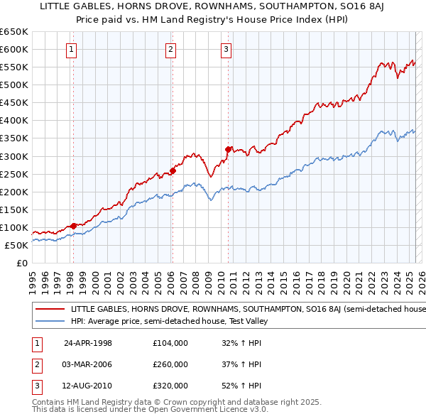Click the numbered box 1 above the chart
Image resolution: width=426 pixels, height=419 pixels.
click(x=73, y=50)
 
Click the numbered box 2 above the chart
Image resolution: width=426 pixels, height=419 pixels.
click(x=172, y=50)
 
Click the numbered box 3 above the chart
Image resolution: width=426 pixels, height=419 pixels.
click(x=226, y=50)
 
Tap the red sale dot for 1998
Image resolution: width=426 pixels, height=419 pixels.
click(x=74, y=226)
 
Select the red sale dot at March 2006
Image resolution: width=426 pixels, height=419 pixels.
click(x=173, y=170)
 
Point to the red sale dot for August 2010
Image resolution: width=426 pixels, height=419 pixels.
click(x=228, y=149)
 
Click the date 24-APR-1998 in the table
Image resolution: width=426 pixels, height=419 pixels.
click(x=88, y=343)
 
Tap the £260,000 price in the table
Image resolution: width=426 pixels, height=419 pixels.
click(x=170, y=365)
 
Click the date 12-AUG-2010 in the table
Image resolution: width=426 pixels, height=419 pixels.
click(x=88, y=387)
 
